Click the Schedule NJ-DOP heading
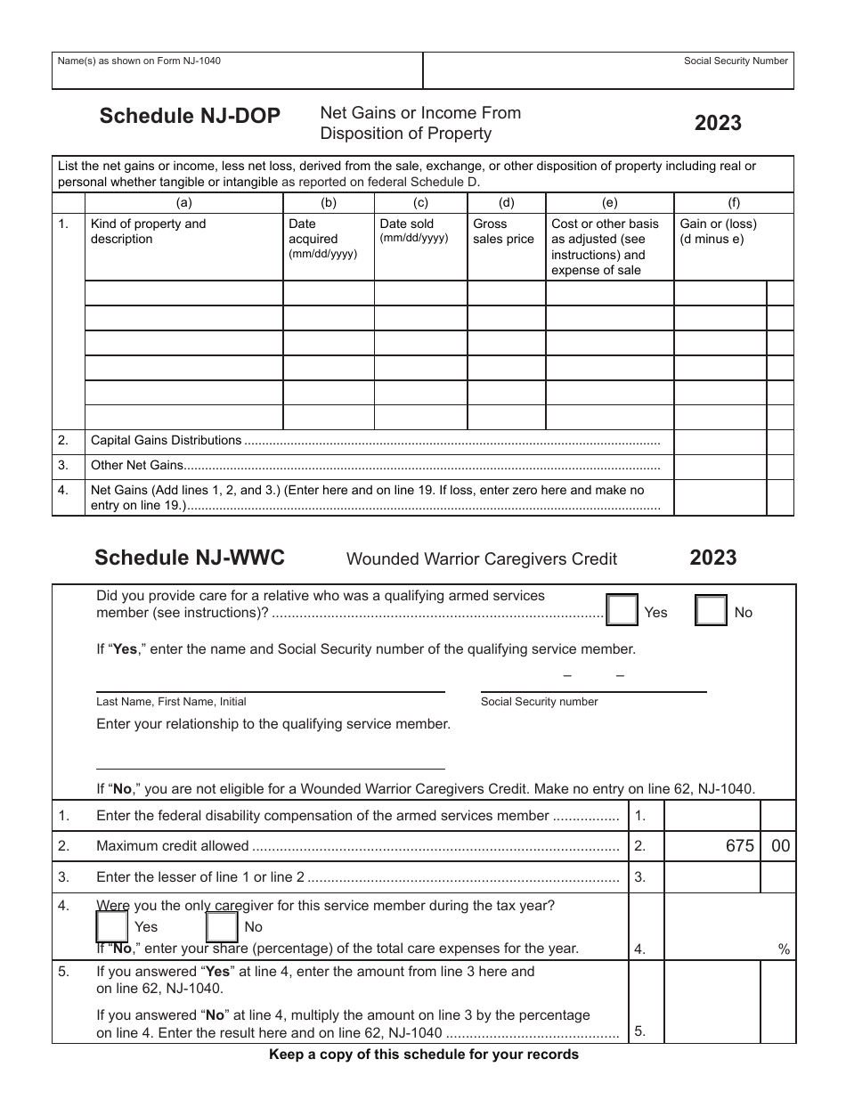pyautogui.click(x=190, y=116)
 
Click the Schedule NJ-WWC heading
pyautogui.click(x=190, y=558)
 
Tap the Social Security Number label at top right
pyautogui.click(x=736, y=61)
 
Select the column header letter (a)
pyautogui.click(x=184, y=202)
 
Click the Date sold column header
pyautogui.click(x=406, y=224)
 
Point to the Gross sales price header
pyautogui.click(x=503, y=232)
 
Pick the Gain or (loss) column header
pyautogui.click(x=718, y=232)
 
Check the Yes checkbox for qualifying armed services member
pyautogui.click(x=622, y=611)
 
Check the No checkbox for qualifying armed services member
pyautogui.click(x=711, y=611)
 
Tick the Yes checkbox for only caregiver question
pyautogui.click(x=112, y=927)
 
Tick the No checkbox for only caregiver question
pyautogui.click(x=222, y=927)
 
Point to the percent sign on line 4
pyautogui.click(x=784, y=949)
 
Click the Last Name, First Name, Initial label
pyautogui.click(x=171, y=702)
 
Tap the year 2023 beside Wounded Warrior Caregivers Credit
pyautogui.click(x=712, y=558)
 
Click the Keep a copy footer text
pyautogui.click(x=424, y=1055)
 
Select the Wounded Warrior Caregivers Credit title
pyautogui.click(x=481, y=559)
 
